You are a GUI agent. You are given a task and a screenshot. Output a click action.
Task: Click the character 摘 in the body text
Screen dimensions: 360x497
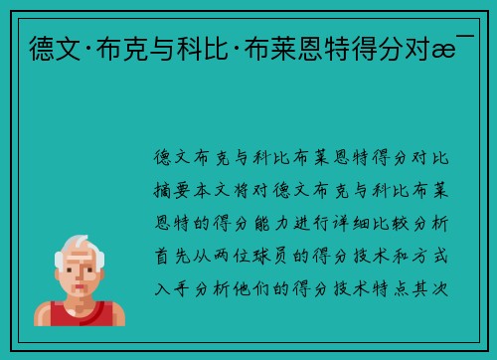(163, 190)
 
